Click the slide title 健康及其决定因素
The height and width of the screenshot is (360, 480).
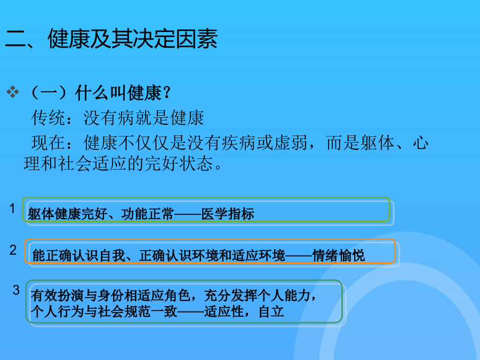click(x=133, y=39)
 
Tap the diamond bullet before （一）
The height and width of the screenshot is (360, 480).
click(x=13, y=92)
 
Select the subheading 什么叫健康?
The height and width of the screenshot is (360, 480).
click(x=123, y=93)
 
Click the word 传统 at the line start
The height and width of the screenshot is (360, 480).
click(x=48, y=118)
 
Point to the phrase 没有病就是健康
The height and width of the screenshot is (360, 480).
click(x=143, y=118)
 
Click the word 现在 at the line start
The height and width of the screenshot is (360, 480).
click(x=48, y=142)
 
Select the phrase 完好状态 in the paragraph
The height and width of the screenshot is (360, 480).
click(x=179, y=163)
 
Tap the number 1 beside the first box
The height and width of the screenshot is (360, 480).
click(x=12, y=209)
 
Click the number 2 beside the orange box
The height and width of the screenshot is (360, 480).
click(x=13, y=250)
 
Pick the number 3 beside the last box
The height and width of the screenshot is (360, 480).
click(x=16, y=290)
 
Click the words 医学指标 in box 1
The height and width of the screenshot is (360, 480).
click(x=227, y=214)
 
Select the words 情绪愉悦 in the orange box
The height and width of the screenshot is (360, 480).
click(x=339, y=255)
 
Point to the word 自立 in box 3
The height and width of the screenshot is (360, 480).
click(x=271, y=311)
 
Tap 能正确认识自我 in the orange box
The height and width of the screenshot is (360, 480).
click(x=79, y=255)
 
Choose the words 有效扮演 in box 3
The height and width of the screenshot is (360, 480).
click(x=57, y=295)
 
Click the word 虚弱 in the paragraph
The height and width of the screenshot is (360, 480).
click(x=291, y=142)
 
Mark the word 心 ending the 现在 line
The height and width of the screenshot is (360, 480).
click(x=420, y=142)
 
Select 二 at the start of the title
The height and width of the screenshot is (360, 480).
click(x=15, y=39)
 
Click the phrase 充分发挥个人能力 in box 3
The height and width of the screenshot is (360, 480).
click(x=258, y=295)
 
